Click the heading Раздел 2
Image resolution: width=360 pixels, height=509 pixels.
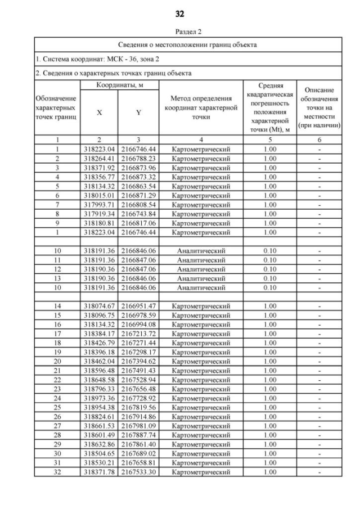point(180,32)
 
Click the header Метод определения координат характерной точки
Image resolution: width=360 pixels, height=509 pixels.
point(201,107)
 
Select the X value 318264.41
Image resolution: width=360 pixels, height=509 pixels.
point(99,159)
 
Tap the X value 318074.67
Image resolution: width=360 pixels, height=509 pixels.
point(99,305)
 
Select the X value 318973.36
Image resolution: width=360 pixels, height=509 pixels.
point(99,398)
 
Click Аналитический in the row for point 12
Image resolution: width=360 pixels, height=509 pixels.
point(201,269)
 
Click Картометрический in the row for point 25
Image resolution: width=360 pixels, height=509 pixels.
point(201,407)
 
